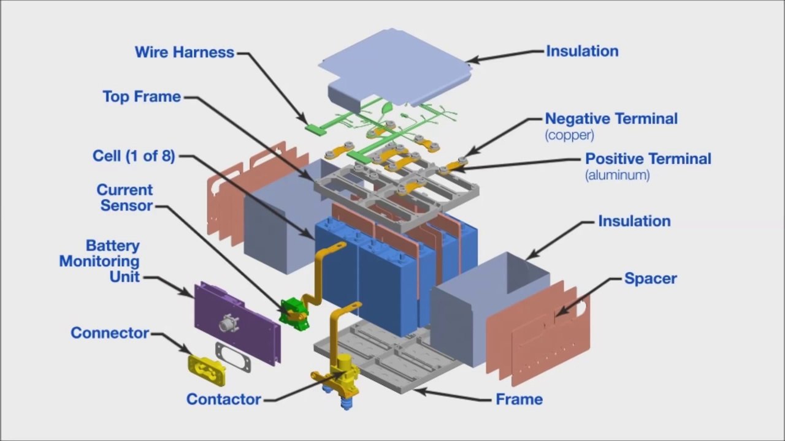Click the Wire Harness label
(x=184, y=52)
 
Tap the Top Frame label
(x=142, y=97)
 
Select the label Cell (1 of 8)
(x=134, y=156)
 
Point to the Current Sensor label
(x=126, y=198)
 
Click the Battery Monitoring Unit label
(x=100, y=262)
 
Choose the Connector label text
(x=110, y=333)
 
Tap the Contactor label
(x=224, y=399)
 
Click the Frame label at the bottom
(x=519, y=399)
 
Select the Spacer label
(x=650, y=279)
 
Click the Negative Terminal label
(x=611, y=118)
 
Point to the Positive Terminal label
(x=648, y=159)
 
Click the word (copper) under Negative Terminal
(x=569, y=135)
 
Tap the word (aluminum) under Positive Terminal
(x=617, y=175)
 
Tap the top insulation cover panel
(x=399, y=64)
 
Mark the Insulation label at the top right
(x=582, y=51)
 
